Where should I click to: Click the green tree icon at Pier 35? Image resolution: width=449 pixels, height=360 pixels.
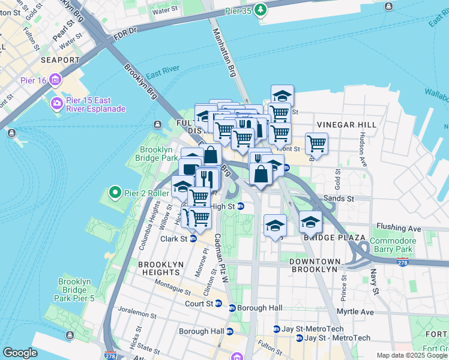(x=260, y=9)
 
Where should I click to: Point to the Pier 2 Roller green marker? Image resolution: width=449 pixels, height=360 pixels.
(x=115, y=193)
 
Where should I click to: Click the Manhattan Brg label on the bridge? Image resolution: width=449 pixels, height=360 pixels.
(x=225, y=55)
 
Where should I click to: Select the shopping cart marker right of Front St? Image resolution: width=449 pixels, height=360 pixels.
(x=316, y=144)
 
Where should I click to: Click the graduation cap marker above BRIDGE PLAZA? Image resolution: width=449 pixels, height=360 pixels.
(x=310, y=223)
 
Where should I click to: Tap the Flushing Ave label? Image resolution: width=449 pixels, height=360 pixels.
(x=399, y=228)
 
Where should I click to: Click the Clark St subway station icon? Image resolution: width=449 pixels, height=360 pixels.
(x=193, y=238)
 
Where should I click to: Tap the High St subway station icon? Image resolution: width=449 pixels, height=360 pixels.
(x=240, y=206)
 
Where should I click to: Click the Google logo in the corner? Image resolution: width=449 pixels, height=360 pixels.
(x=20, y=353)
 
